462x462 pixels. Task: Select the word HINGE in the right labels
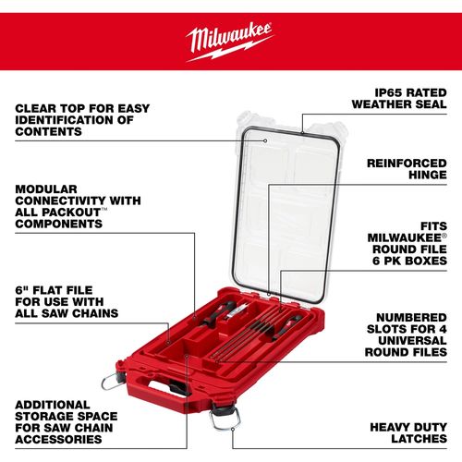(428, 175)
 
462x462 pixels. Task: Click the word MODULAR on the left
(46, 188)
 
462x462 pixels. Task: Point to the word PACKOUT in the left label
(71, 213)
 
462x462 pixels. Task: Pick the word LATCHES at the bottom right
(419, 439)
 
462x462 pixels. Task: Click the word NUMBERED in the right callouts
(411, 317)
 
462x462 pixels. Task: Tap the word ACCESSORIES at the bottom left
(58, 439)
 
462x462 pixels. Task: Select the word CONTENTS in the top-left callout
(48, 131)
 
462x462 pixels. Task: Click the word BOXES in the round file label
(426, 261)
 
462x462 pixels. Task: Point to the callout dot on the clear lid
(265, 140)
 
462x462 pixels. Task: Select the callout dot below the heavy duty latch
(233, 429)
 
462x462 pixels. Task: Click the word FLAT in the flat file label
(47, 290)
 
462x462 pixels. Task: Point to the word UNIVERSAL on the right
(412, 340)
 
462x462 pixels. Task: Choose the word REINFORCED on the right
(407, 164)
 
